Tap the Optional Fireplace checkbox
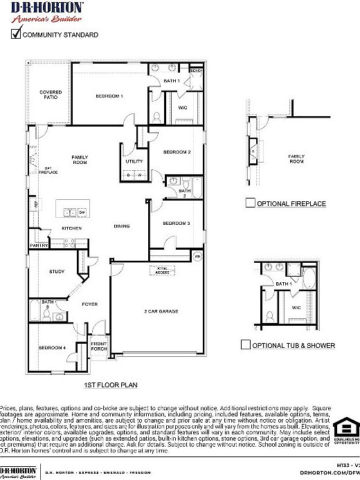251,203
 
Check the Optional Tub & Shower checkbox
245,344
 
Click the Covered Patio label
51,95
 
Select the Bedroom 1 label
109,95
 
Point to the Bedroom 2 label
177,151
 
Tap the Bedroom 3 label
177,223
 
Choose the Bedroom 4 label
52,347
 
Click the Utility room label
134,161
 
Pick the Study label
57,271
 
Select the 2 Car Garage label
161,311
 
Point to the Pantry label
39,245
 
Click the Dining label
122,226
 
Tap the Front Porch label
99,347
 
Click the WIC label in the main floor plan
183,107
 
